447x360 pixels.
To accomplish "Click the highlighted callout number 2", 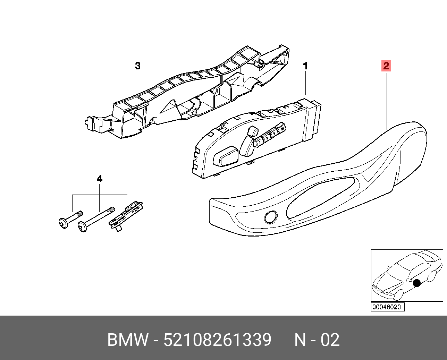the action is point(386,66).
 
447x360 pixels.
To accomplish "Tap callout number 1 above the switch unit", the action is point(305,66).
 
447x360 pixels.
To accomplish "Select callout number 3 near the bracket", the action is point(138,66).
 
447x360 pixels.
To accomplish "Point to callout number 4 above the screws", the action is point(100,179).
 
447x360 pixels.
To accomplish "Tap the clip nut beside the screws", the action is point(126,216).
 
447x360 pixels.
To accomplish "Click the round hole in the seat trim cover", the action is point(271,217).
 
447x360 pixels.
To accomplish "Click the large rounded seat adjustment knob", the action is point(226,156).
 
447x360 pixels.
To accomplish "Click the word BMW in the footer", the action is point(128,340).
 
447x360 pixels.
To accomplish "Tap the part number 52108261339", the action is point(217,340).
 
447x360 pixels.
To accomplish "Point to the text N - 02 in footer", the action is point(317,340).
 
